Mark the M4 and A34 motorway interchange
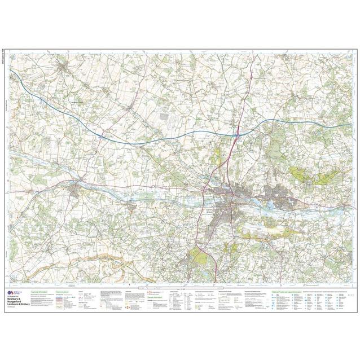(239, 134)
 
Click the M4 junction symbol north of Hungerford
(100, 135)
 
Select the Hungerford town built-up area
(76, 192)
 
